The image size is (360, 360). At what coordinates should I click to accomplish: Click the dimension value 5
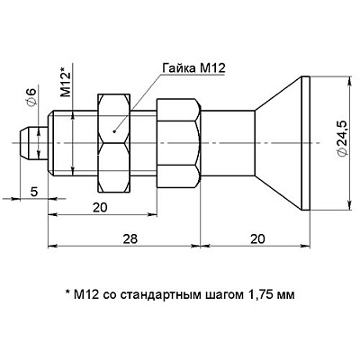coord(32,191)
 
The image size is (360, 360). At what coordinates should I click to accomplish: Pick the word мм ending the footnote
coord(284,294)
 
